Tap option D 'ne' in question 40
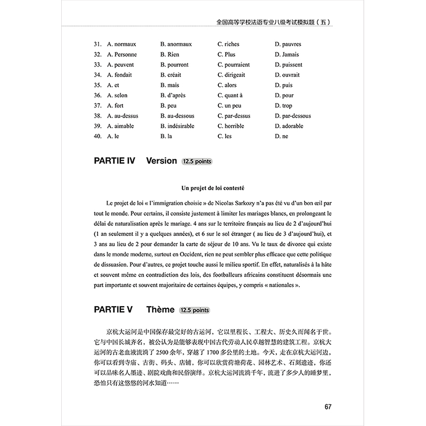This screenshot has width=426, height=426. point(281,136)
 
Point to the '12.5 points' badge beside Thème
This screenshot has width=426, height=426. point(194,310)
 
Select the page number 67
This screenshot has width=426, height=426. point(328,407)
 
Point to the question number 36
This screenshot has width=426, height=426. point(97,95)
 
